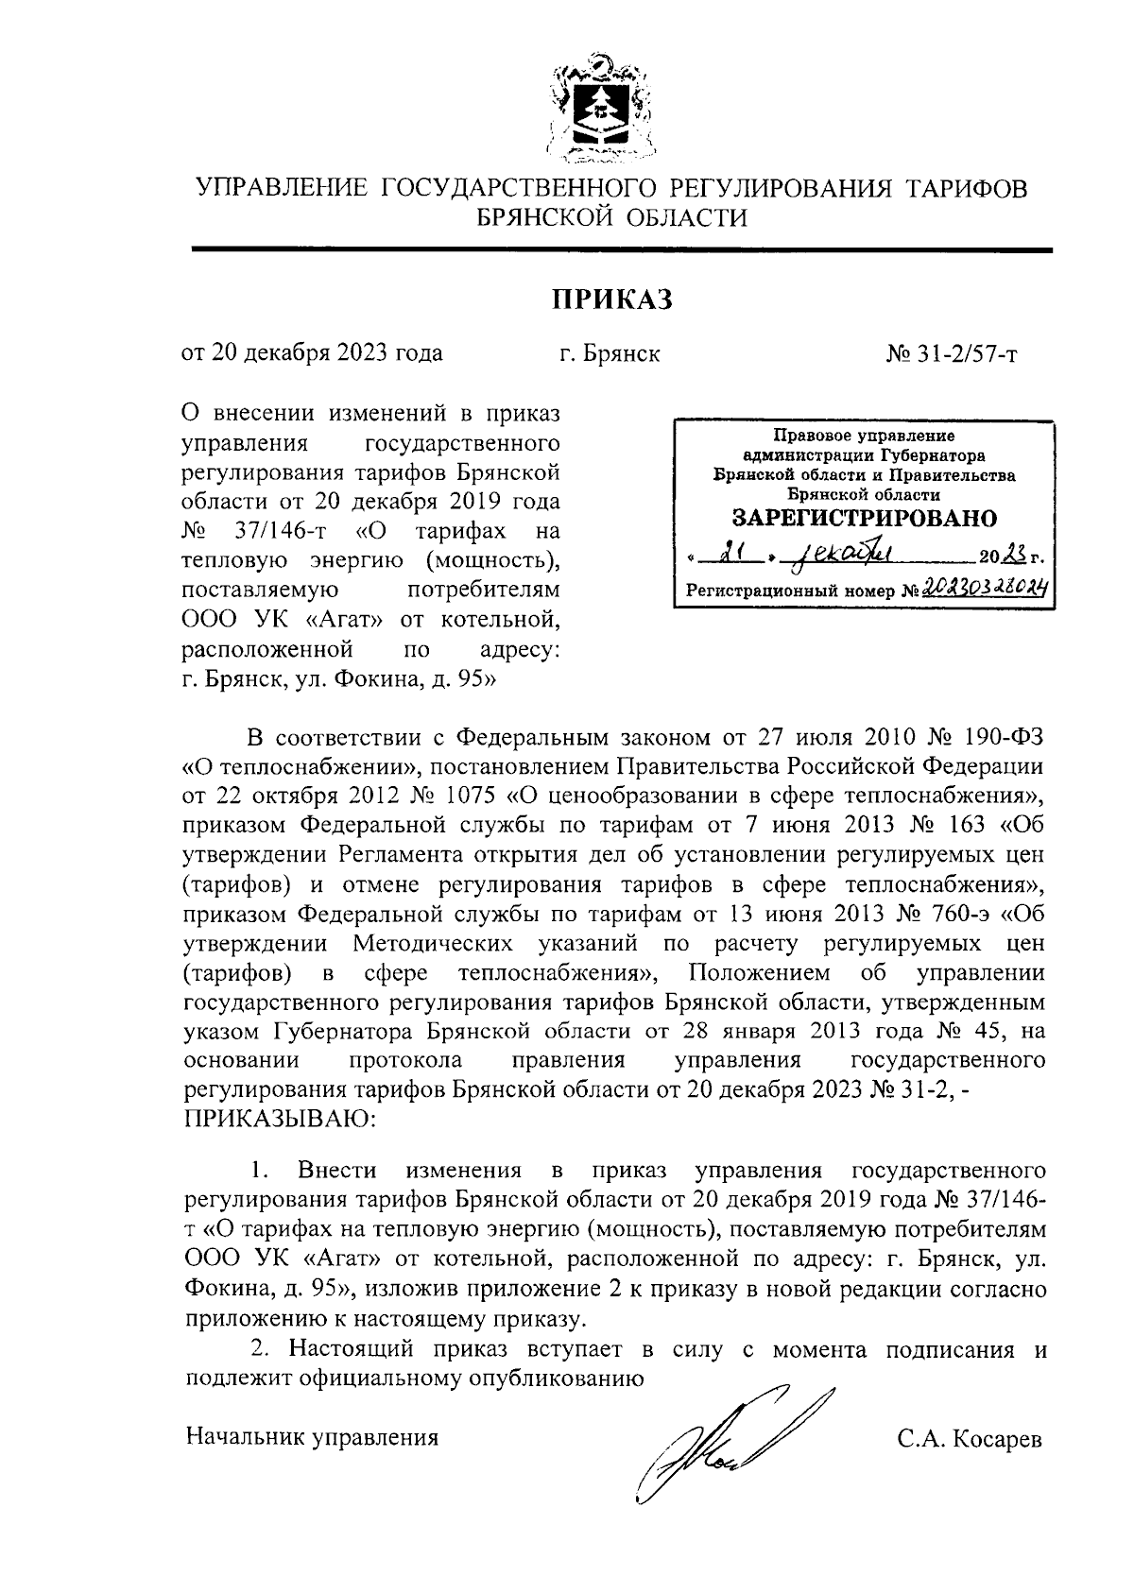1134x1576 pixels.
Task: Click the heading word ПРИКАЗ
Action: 611,300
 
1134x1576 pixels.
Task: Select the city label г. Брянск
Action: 609,354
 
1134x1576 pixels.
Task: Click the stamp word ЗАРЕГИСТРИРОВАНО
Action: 865,518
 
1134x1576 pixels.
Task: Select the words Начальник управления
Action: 312,1438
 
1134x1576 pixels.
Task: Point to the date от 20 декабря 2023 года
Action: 312,354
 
